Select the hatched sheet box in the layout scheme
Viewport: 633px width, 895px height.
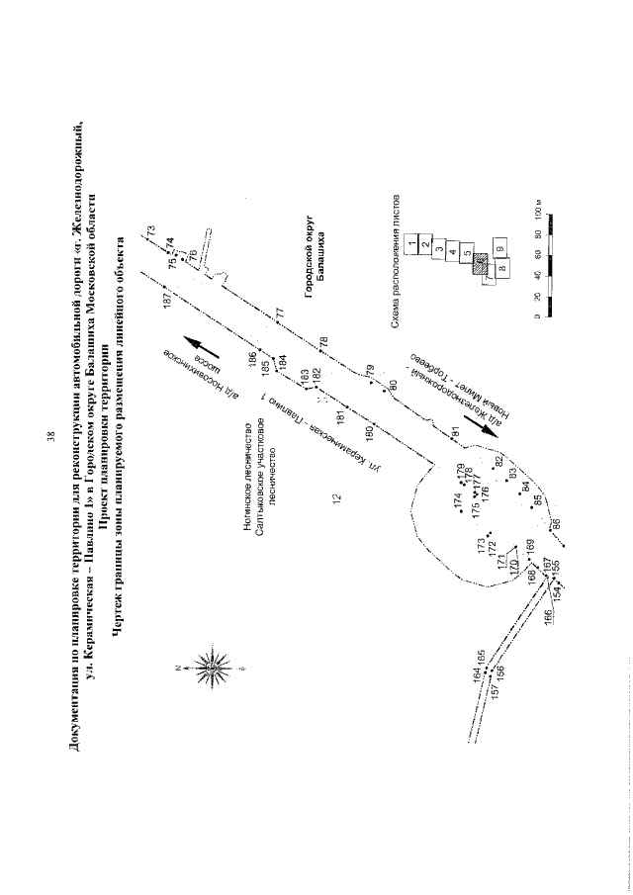(480, 264)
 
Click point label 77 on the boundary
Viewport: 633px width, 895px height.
(279, 313)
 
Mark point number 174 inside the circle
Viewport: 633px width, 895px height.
(458, 502)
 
